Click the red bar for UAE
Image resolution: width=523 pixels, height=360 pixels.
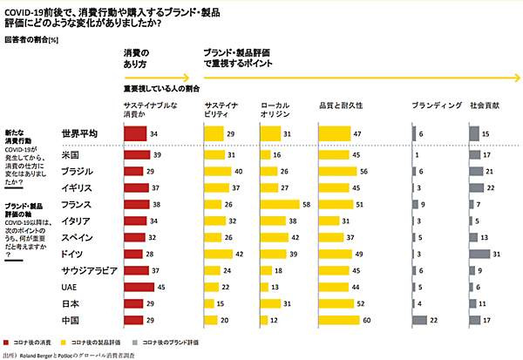click(139, 286)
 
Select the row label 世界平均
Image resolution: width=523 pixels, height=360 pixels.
click(79, 133)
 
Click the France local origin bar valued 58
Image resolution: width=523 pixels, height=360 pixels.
click(286, 203)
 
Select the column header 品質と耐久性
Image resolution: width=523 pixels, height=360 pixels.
click(341, 105)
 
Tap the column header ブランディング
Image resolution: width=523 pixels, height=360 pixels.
click(435, 105)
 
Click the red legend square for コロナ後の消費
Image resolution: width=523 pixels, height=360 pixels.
click(8, 341)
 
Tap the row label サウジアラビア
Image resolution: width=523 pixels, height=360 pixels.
click(92, 271)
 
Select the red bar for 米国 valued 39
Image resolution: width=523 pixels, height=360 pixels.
click(137, 154)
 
